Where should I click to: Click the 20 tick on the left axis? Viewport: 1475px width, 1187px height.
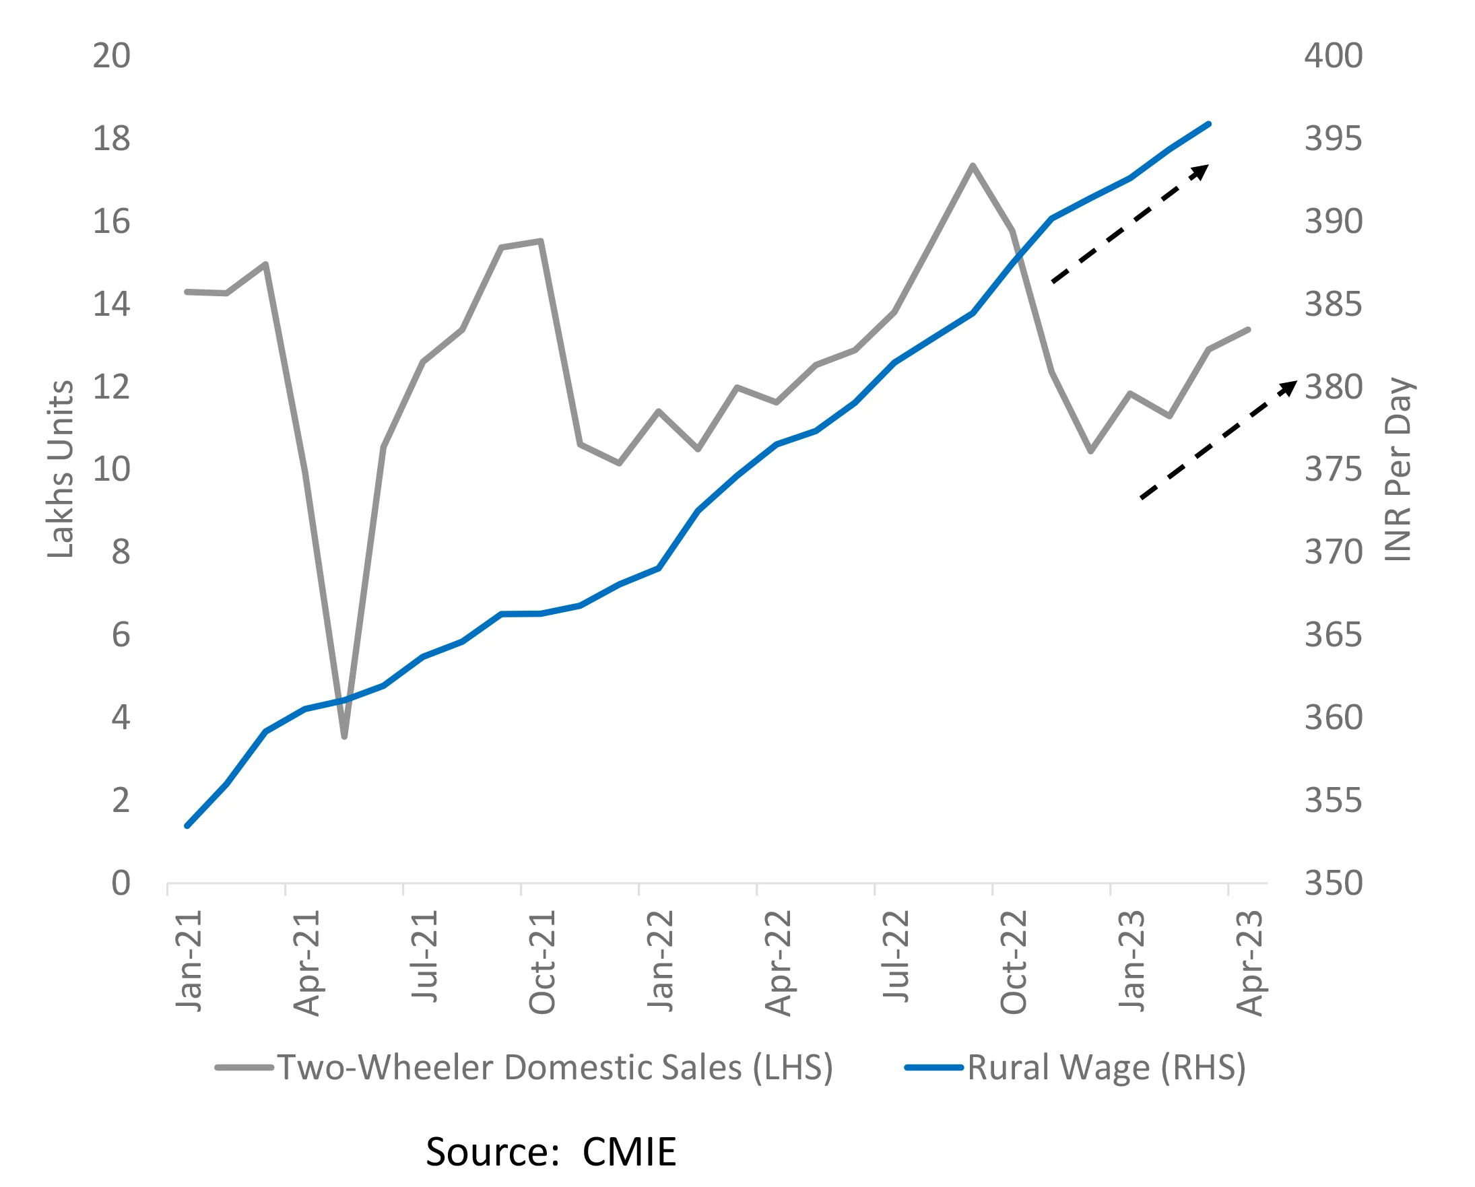coord(111,56)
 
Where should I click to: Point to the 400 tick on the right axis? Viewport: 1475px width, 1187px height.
coord(1334,56)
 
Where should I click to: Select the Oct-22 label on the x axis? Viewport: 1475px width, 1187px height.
coord(1013,963)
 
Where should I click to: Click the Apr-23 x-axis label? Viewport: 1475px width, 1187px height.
coord(1249,963)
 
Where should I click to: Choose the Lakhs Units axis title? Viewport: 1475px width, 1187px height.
coord(60,469)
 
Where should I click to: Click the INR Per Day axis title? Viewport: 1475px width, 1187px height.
coord(1398,469)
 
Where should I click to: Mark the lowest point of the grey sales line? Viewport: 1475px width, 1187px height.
coord(344,737)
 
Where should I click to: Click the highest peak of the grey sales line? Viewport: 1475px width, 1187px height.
coord(972,166)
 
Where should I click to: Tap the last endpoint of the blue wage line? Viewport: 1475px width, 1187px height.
coord(1210,124)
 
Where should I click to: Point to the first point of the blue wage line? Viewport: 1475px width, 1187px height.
coord(187,826)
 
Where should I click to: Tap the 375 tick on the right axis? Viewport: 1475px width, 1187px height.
coord(1334,470)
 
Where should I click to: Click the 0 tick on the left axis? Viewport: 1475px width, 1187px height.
coord(121,883)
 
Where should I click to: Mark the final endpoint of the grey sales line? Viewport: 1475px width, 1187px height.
coord(1249,329)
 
